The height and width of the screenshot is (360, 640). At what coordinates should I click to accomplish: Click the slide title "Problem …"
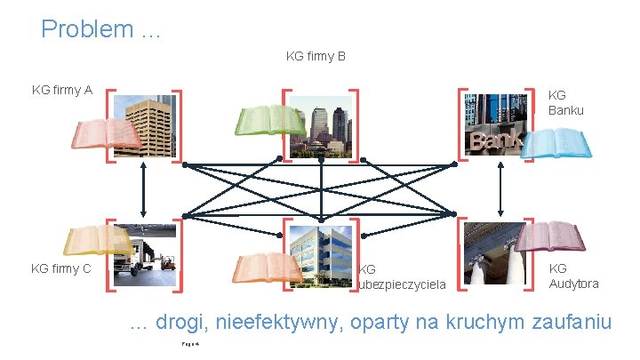(x=100, y=29)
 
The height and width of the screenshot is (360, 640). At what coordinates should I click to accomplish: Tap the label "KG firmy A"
(x=62, y=90)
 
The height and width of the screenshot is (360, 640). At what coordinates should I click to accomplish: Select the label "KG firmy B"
(x=316, y=57)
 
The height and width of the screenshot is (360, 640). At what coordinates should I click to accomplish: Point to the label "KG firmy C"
(x=61, y=268)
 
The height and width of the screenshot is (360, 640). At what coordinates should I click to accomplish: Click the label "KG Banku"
(x=566, y=102)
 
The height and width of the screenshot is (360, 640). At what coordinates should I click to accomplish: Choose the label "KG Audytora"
(x=573, y=276)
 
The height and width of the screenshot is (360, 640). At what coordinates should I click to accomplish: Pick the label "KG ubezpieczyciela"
(x=402, y=276)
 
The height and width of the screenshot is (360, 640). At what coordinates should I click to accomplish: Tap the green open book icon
(x=269, y=121)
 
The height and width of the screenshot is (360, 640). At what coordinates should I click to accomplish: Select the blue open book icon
(x=555, y=142)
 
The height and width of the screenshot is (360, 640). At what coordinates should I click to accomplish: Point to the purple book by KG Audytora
(x=550, y=236)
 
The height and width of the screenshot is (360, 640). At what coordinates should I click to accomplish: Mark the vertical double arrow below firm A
(x=143, y=193)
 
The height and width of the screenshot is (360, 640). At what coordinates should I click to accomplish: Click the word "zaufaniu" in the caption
(x=572, y=322)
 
